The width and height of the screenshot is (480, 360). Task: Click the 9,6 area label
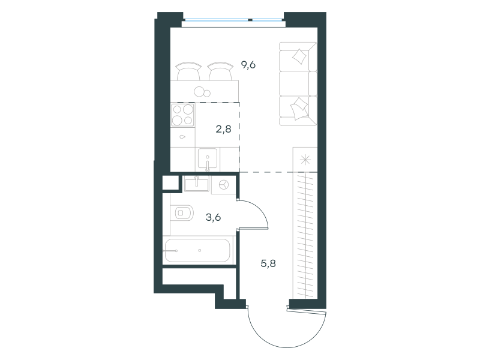(x=248, y=65)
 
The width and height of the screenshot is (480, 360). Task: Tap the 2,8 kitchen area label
(x=223, y=129)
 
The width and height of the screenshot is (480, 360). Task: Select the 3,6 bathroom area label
(x=213, y=217)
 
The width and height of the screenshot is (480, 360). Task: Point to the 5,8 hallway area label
(x=268, y=263)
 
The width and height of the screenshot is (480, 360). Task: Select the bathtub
(x=197, y=250)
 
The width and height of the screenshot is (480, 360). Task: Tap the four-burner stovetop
(x=183, y=115)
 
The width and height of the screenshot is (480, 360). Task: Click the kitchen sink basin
(x=208, y=158)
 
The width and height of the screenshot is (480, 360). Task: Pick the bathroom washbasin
(x=197, y=184)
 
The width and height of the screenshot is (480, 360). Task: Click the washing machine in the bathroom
(x=223, y=185)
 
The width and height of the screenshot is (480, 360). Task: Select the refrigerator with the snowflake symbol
(x=305, y=160)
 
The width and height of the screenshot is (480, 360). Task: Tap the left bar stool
(x=188, y=71)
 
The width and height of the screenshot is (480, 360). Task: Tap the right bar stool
(x=220, y=71)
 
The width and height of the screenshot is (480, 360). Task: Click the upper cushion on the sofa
(x=299, y=56)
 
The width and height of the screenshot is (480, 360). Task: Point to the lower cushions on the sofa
(x=299, y=109)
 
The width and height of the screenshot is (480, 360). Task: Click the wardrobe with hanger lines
(x=305, y=235)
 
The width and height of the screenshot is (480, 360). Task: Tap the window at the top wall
(x=233, y=20)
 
